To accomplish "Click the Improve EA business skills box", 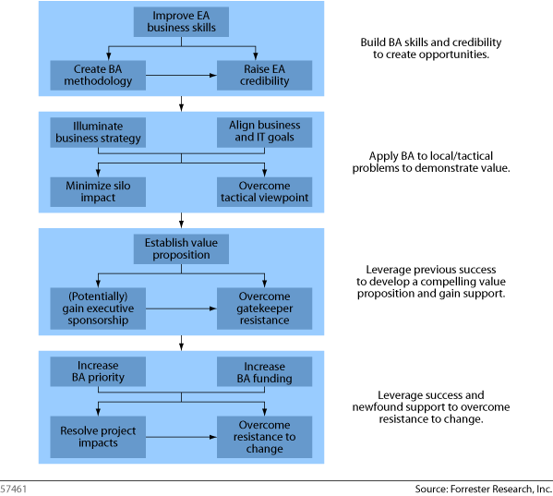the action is coord(181,22).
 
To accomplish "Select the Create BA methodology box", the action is coord(98,75).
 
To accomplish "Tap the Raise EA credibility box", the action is coord(264,75).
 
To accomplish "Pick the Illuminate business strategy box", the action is coord(98,132).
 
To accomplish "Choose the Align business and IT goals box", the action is coord(264,132).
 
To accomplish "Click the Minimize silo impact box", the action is coord(98,192).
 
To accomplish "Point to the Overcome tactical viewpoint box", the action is coord(264,192).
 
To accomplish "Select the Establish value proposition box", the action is coord(181,249).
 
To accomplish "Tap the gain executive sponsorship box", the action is coord(98,308).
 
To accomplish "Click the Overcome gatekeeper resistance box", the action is coord(264,308).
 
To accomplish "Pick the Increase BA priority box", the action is coord(98,371).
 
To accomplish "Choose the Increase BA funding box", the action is coord(264,371).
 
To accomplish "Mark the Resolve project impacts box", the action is coord(98,437).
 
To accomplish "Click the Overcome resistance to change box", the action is coord(264,437).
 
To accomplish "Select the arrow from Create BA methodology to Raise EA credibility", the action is coord(181,75).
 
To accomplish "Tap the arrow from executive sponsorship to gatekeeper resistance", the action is coord(181,308).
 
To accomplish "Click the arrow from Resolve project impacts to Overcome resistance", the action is coord(181,437).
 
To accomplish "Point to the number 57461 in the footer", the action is coord(13,489).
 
